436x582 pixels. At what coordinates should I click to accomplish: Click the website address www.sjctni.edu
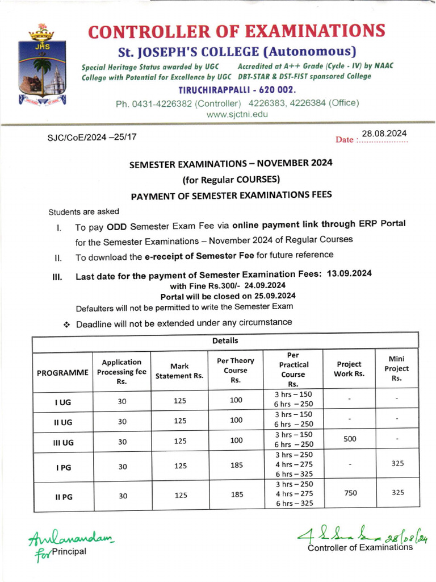tap(237, 114)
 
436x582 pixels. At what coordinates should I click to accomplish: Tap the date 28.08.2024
tap(384, 134)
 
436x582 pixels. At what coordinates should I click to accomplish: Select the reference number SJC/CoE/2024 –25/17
tap(92, 137)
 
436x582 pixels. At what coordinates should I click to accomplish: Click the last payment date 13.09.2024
tap(349, 273)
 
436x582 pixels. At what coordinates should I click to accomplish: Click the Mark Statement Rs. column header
tap(179, 371)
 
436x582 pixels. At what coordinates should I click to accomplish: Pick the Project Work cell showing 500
tap(350, 439)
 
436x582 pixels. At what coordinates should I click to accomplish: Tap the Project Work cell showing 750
tap(350, 493)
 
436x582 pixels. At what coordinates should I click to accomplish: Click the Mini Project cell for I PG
tap(397, 463)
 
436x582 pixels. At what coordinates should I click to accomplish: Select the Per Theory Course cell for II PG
tap(237, 494)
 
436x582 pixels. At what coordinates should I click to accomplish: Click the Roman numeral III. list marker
tap(57, 277)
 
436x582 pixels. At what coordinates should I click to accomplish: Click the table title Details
tap(225, 341)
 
